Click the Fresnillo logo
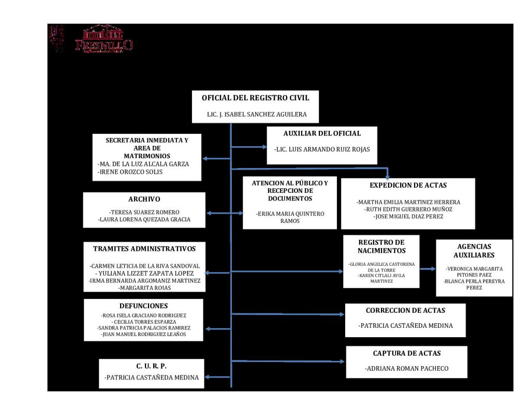tap(104, 39)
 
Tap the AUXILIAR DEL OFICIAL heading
tap(322, 133)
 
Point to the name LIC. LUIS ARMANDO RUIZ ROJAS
tap(322, 149)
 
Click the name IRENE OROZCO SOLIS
tap(130, 172)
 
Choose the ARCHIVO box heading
tap(144, 199)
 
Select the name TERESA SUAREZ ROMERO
tap(144, 212)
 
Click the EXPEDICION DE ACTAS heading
tap(408, 185)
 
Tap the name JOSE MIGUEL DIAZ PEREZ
tap(408, 217)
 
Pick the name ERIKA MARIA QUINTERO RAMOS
tap(290, 217)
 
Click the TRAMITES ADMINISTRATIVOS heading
tap(144, 249)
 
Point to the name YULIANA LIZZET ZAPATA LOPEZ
tap(145, 273)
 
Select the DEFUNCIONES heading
tap(143, 306)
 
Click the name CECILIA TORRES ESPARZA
tap(144, 321)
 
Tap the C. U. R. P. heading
tap(151, 366)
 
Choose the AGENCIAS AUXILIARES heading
tap(474, 251)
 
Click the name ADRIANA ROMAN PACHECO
tap(406, 369)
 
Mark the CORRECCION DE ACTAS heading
tap(405, 311)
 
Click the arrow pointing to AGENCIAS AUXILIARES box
tap(428, 269)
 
